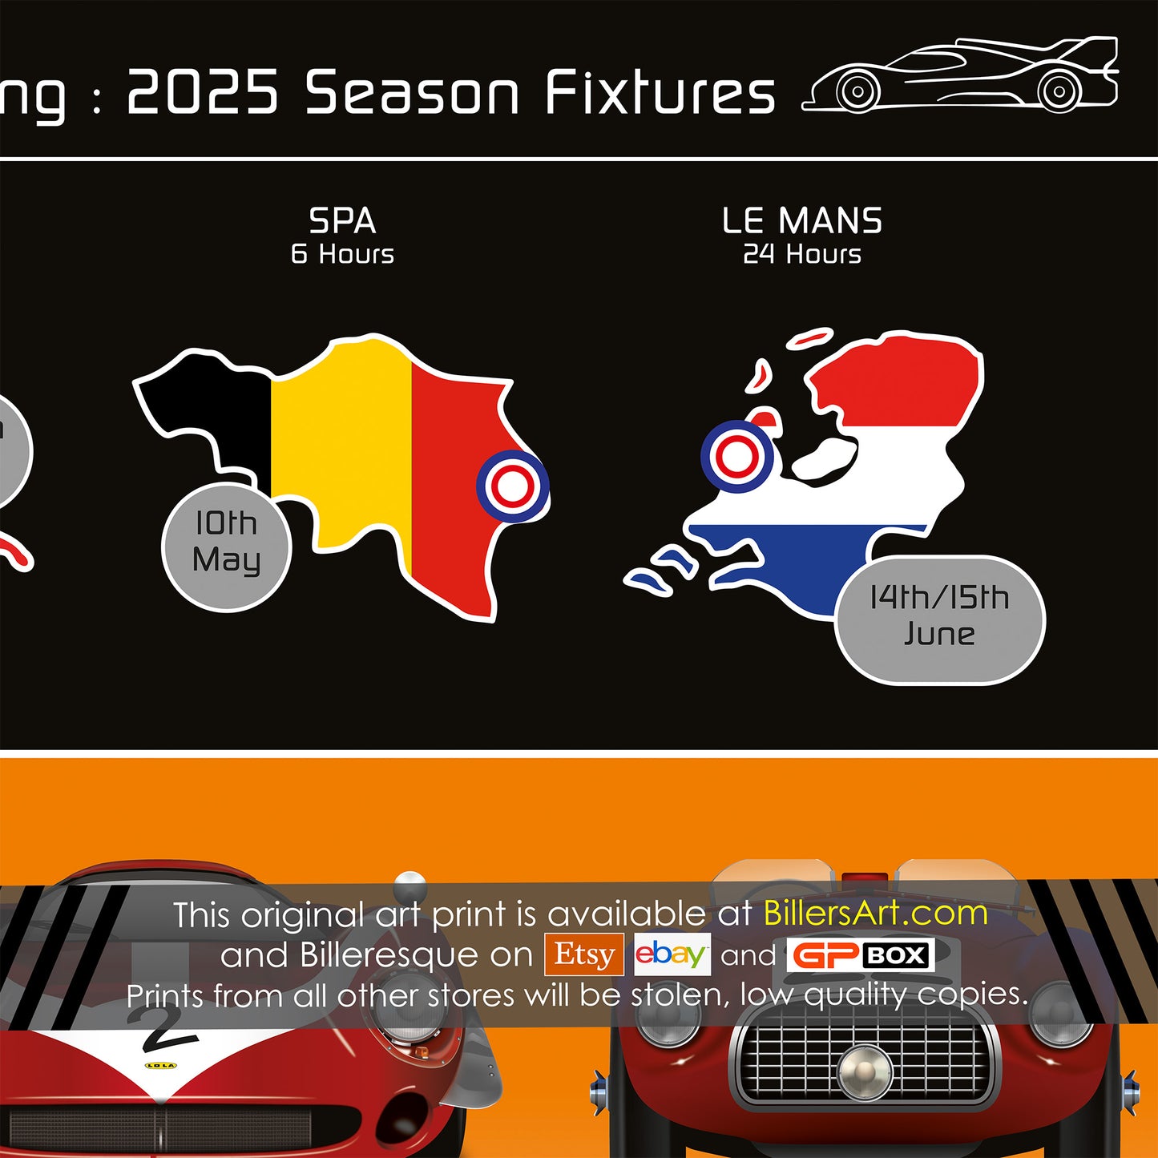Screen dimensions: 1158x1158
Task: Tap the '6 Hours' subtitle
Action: tap(342, 254)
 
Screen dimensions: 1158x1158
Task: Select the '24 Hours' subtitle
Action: tap(802, 254)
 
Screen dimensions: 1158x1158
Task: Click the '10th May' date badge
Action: tap(227, 547)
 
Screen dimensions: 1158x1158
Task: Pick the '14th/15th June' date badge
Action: tap(940, 619)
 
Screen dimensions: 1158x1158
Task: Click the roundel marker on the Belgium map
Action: tap(513, 486)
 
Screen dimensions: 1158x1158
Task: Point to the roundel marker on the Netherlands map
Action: tap(737, 456)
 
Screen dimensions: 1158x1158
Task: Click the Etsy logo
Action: tap(583, 954)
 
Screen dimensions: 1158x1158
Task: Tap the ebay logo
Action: tap(672, 954)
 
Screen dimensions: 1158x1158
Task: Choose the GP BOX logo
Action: tap(861, 954)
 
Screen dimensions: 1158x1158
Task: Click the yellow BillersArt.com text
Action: tap(876, 914)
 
